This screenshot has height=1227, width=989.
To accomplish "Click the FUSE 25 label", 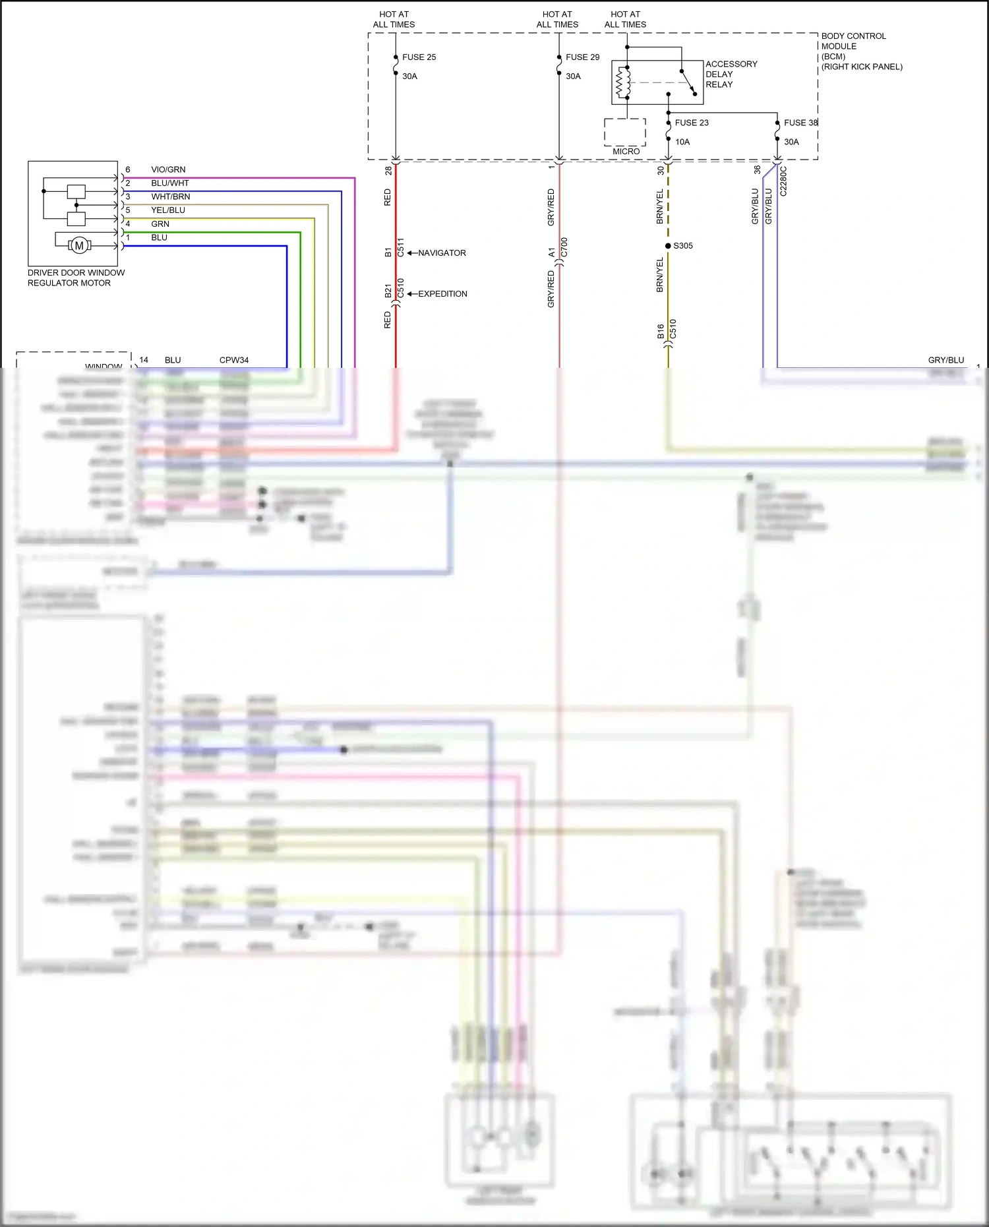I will click(x=419, y=57).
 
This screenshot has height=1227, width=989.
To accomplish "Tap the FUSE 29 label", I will click(x=582, y=57).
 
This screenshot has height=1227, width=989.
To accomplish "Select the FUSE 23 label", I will click(x=691, y=123).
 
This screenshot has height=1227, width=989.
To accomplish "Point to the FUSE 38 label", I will click(x=800, y=123).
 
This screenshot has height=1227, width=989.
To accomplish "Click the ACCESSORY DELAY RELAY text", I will click(x=731, y=74).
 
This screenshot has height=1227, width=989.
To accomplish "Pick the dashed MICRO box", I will click(x=624, y=133).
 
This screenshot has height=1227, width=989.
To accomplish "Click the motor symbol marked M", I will click(x=79, y=246).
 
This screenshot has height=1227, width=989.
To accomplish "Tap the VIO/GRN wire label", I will click(x=168, y=169).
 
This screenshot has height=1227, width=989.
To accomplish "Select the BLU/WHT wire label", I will click(x=169, y=183).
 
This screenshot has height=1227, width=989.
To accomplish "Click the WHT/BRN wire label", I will click(x=170, y=196).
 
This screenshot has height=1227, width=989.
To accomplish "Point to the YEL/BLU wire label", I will click(x=168, y=210).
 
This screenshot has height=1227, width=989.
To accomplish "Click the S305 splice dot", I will click(x=668, y=246).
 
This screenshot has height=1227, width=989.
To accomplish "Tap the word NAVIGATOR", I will click(x=442, y=253).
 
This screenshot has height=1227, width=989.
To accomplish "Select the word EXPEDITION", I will click(x=442, y=294).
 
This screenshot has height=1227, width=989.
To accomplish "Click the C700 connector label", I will click(x=564, y=247).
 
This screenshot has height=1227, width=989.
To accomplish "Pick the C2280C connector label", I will click(x=783, y=181).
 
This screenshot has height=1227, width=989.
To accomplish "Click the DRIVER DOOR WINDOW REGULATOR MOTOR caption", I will click(x=76, y=278).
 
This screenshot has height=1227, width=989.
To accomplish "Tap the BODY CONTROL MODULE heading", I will click(x=853, y=41).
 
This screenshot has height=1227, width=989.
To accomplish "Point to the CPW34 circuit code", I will click(x=234, y=360).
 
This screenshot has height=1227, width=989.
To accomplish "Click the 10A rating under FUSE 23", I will click(x=682, y=142).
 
